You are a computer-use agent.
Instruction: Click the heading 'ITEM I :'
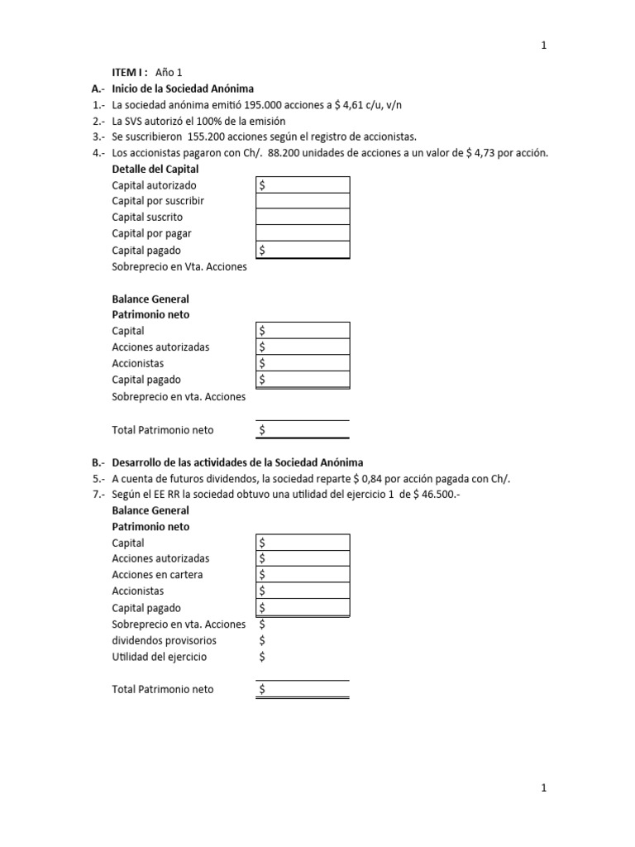tap(131, 73)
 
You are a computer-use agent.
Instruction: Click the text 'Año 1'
tap(168, 73)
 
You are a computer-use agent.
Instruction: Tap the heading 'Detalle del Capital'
tap(155, 169)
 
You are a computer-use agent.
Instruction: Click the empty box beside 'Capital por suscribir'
tap(303, 201)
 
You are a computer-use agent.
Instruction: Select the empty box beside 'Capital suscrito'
tap(303, 217)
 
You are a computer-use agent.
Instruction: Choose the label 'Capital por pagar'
tap(151, 233)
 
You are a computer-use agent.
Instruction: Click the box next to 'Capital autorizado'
tap(303, 185)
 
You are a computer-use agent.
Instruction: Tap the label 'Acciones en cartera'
tap(157, 575)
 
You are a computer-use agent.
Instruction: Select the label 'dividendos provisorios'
tap(164, 640)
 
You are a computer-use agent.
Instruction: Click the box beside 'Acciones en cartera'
tap(303, 575)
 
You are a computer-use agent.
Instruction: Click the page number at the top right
tap(543, 46)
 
